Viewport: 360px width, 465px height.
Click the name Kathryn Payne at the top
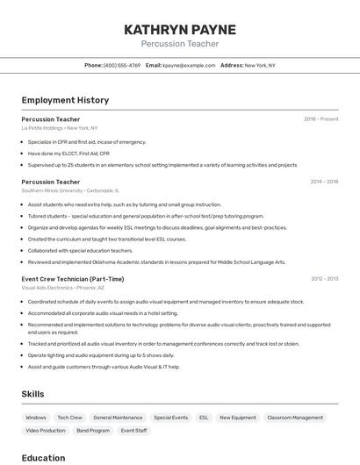coord(180,29)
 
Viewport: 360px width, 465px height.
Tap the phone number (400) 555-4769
coord(122,65)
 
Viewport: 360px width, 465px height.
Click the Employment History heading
coord(65,100)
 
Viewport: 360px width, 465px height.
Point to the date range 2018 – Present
coord(321,118)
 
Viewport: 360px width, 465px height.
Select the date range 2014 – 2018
coord(324,182)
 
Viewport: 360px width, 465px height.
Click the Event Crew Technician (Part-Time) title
coord(73,279)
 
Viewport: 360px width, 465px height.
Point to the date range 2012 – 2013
coord(324,279)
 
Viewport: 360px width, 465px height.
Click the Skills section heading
coord(33,394)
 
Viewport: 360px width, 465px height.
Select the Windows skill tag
coord(36,418)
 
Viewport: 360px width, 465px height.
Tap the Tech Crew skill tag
coord(69,418)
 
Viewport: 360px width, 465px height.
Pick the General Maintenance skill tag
coord(118,418)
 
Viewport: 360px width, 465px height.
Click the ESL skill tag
coord(204,418)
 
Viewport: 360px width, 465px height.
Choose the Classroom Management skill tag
coord(295,418)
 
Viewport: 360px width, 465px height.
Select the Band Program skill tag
coord(93,431)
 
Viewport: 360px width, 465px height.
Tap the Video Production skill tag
coord(46,431)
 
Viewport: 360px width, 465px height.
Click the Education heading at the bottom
coord(43,457)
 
